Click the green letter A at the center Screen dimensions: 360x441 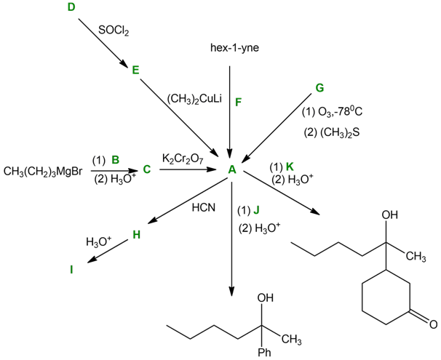coord(231,169)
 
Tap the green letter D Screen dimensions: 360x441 coord(71,7)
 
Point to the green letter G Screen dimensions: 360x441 coord(319,88)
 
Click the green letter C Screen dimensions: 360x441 coord(146,170)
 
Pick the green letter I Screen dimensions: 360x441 coord(71,270)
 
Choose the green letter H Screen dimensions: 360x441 coord(135,234)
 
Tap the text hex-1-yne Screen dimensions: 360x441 coord(230,49)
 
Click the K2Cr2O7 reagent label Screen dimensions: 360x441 coord(183,158)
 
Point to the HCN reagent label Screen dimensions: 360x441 coord(204,208)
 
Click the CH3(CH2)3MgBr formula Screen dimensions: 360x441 coord(42,172)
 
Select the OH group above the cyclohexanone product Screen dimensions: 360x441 coord(390,215)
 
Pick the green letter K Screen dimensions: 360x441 coord(290,167)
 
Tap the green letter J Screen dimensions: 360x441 coord(255,211)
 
